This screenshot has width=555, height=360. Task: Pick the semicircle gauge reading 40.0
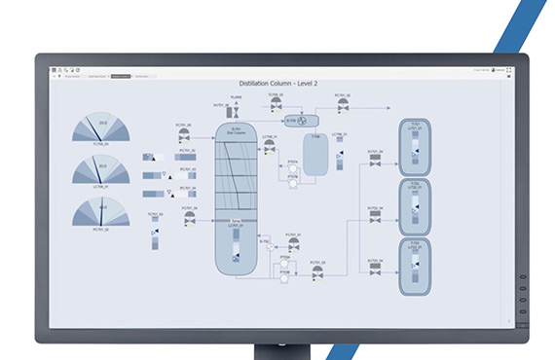tap(103, 213)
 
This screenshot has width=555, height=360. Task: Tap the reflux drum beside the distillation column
tap(314, 154)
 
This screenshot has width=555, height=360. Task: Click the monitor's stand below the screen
tap(277, 351)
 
